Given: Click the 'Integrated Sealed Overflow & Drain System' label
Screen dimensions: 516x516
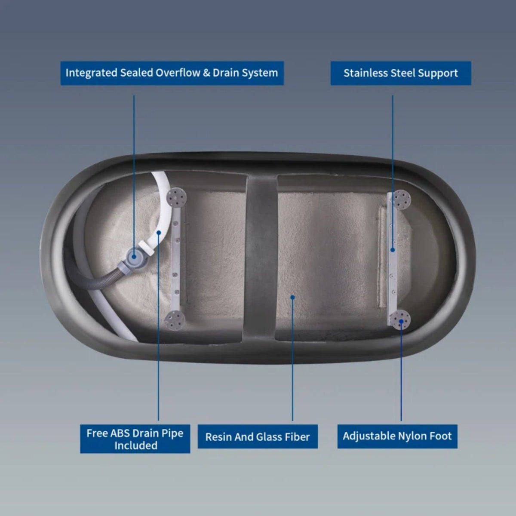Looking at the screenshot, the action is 172,73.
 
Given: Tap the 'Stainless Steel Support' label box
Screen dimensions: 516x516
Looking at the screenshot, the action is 401,73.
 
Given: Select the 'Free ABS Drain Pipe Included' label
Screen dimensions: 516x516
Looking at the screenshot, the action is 135,439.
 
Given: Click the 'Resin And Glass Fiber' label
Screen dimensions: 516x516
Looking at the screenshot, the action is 258,437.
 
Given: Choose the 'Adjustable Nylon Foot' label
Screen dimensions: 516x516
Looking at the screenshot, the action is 397,436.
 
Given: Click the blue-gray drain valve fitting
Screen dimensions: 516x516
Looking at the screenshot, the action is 134,257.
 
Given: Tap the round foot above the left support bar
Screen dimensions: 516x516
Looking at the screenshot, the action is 176,197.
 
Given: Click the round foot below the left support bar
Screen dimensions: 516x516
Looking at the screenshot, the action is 175,320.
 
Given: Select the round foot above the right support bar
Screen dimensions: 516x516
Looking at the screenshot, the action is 401,200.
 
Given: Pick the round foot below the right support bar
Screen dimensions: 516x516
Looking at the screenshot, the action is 400,320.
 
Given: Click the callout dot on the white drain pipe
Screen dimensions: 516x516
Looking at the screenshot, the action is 159,233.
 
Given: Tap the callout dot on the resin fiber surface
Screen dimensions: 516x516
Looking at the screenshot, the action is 292,297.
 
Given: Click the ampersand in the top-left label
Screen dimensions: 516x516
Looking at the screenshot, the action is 206,73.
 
